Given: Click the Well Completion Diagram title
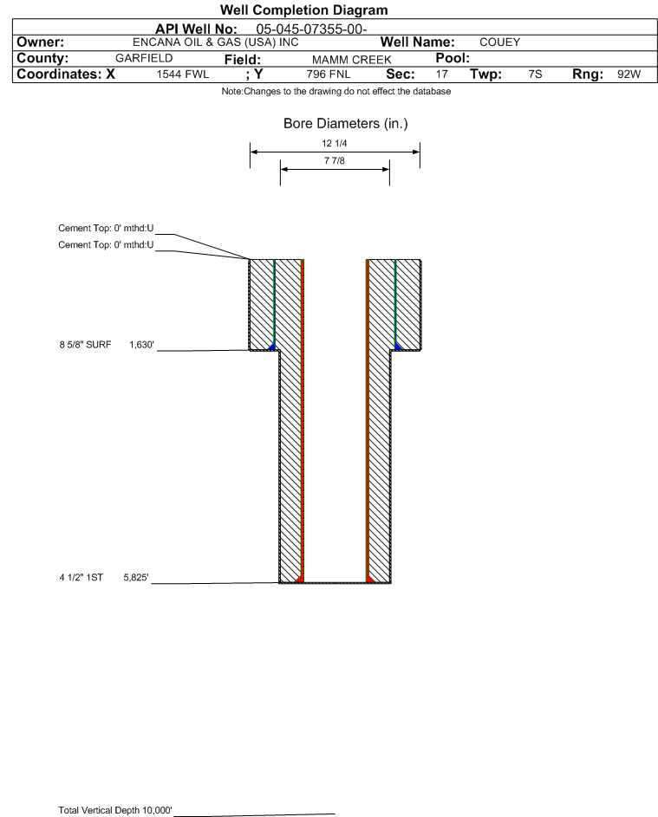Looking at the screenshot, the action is pyautogui.click(x=304, y=10).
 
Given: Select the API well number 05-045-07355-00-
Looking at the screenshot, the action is pyautogui.click(x=311, y=29).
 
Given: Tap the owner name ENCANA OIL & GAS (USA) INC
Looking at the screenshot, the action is pyautogui.click(x=216, y=42).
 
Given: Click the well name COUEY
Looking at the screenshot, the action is pyautogui.click(x=499, y=42).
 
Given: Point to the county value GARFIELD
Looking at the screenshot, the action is pyautogui.click(x=144, y=58).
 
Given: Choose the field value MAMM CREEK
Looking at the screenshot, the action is pyautogui.click(x=351, y=60).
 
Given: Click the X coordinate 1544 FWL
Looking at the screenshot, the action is pyautogui.click(x=182, y=75).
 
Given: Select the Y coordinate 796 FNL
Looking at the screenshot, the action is pyautogui.click(x=329, y=75).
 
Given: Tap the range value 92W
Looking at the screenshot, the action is pyautogui.click(x=629, y=74).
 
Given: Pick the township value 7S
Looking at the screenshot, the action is pyautogui.click(x=535, y=74).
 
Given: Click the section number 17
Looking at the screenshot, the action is pyautogui.click(x=441, y=74).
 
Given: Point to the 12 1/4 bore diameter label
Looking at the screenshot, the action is pyautogui.click(x=335, y=143).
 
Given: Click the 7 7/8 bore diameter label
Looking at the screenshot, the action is pyautogui.click(x=335, y=160).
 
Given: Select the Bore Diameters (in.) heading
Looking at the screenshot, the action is pyautogui.click(x=346, y=124).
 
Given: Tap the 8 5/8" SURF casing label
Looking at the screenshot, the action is pyautogui.click(x=85, y=345).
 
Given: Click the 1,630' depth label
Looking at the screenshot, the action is pyautogui.click(x=142, y=345).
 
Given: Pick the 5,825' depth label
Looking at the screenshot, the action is pyautogui.click(x=135, y=577).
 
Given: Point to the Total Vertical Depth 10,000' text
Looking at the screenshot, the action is pyautogui.click(x=115, y=810).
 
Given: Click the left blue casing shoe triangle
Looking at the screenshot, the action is pyautogui.click(x=271, y=347).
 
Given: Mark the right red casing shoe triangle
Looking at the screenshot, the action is pyautogui.click(x=369, y=579).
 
